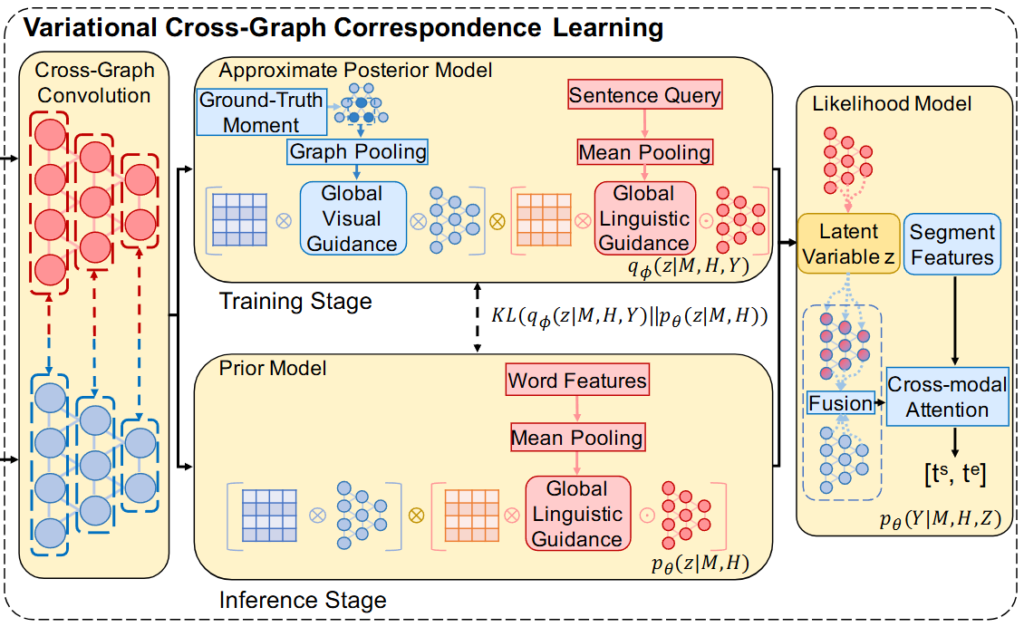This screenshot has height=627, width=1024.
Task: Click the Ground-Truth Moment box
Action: tap(262, 112)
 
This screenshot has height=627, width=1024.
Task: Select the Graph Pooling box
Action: tap(357, 152)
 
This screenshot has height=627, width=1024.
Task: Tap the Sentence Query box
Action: tap(645, 96)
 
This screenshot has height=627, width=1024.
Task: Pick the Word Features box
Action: tap(577, 381)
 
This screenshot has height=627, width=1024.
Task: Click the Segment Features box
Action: tap(953, 245)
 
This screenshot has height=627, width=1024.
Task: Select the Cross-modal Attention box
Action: tap(947, 396)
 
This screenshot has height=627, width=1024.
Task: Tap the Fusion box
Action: tap(841, 404)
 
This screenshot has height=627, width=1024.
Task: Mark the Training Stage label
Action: tap(295, 300)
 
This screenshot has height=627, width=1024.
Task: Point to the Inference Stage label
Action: tap(302, 600)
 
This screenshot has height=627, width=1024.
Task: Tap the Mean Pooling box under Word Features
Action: tap(577, 438)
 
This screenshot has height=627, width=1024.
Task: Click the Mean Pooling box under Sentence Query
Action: tap(645, 152)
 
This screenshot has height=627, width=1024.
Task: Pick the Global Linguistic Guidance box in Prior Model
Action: tap(577, 513)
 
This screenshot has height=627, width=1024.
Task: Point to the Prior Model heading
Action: tap(274, 368)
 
